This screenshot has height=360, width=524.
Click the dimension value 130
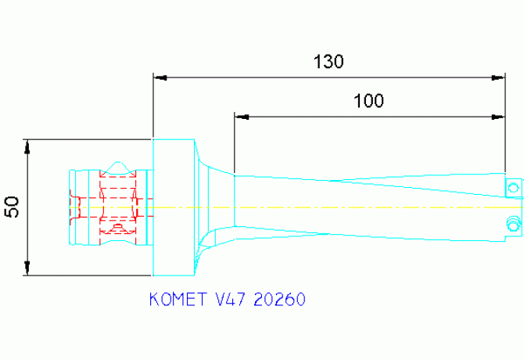pyautogui.click(x=328, y=61)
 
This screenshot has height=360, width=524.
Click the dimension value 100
pyautogui.click(x=368, y=101)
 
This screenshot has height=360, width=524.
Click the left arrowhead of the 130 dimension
pyautogui.click(x=159, y=77)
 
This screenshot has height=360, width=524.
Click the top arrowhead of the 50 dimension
pyautogui.click(x=28, y=146)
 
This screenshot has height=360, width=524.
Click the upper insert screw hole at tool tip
pyautogui.click(x=513, y=188)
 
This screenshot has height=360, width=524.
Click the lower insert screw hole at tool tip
pyautogui.click(x=513, y=224)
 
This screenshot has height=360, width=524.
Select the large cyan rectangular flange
pyautogui.click(x=172, y=207)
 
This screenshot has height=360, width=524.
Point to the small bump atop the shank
pyautogui.click(x=118, y=166)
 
